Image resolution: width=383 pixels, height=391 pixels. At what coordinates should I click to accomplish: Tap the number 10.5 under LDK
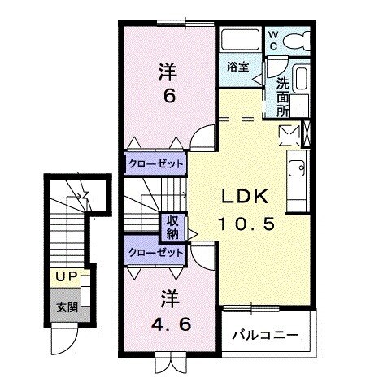237,221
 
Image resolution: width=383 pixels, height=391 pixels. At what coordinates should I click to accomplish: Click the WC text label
273,38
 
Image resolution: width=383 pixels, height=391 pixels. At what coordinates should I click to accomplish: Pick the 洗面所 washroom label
282,94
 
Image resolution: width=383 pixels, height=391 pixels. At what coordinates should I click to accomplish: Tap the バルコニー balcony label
265,335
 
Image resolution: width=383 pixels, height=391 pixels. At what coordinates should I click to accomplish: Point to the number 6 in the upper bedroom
169,96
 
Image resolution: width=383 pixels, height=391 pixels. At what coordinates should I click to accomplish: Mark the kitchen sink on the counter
295,169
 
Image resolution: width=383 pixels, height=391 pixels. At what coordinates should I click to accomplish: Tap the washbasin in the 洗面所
301,80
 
